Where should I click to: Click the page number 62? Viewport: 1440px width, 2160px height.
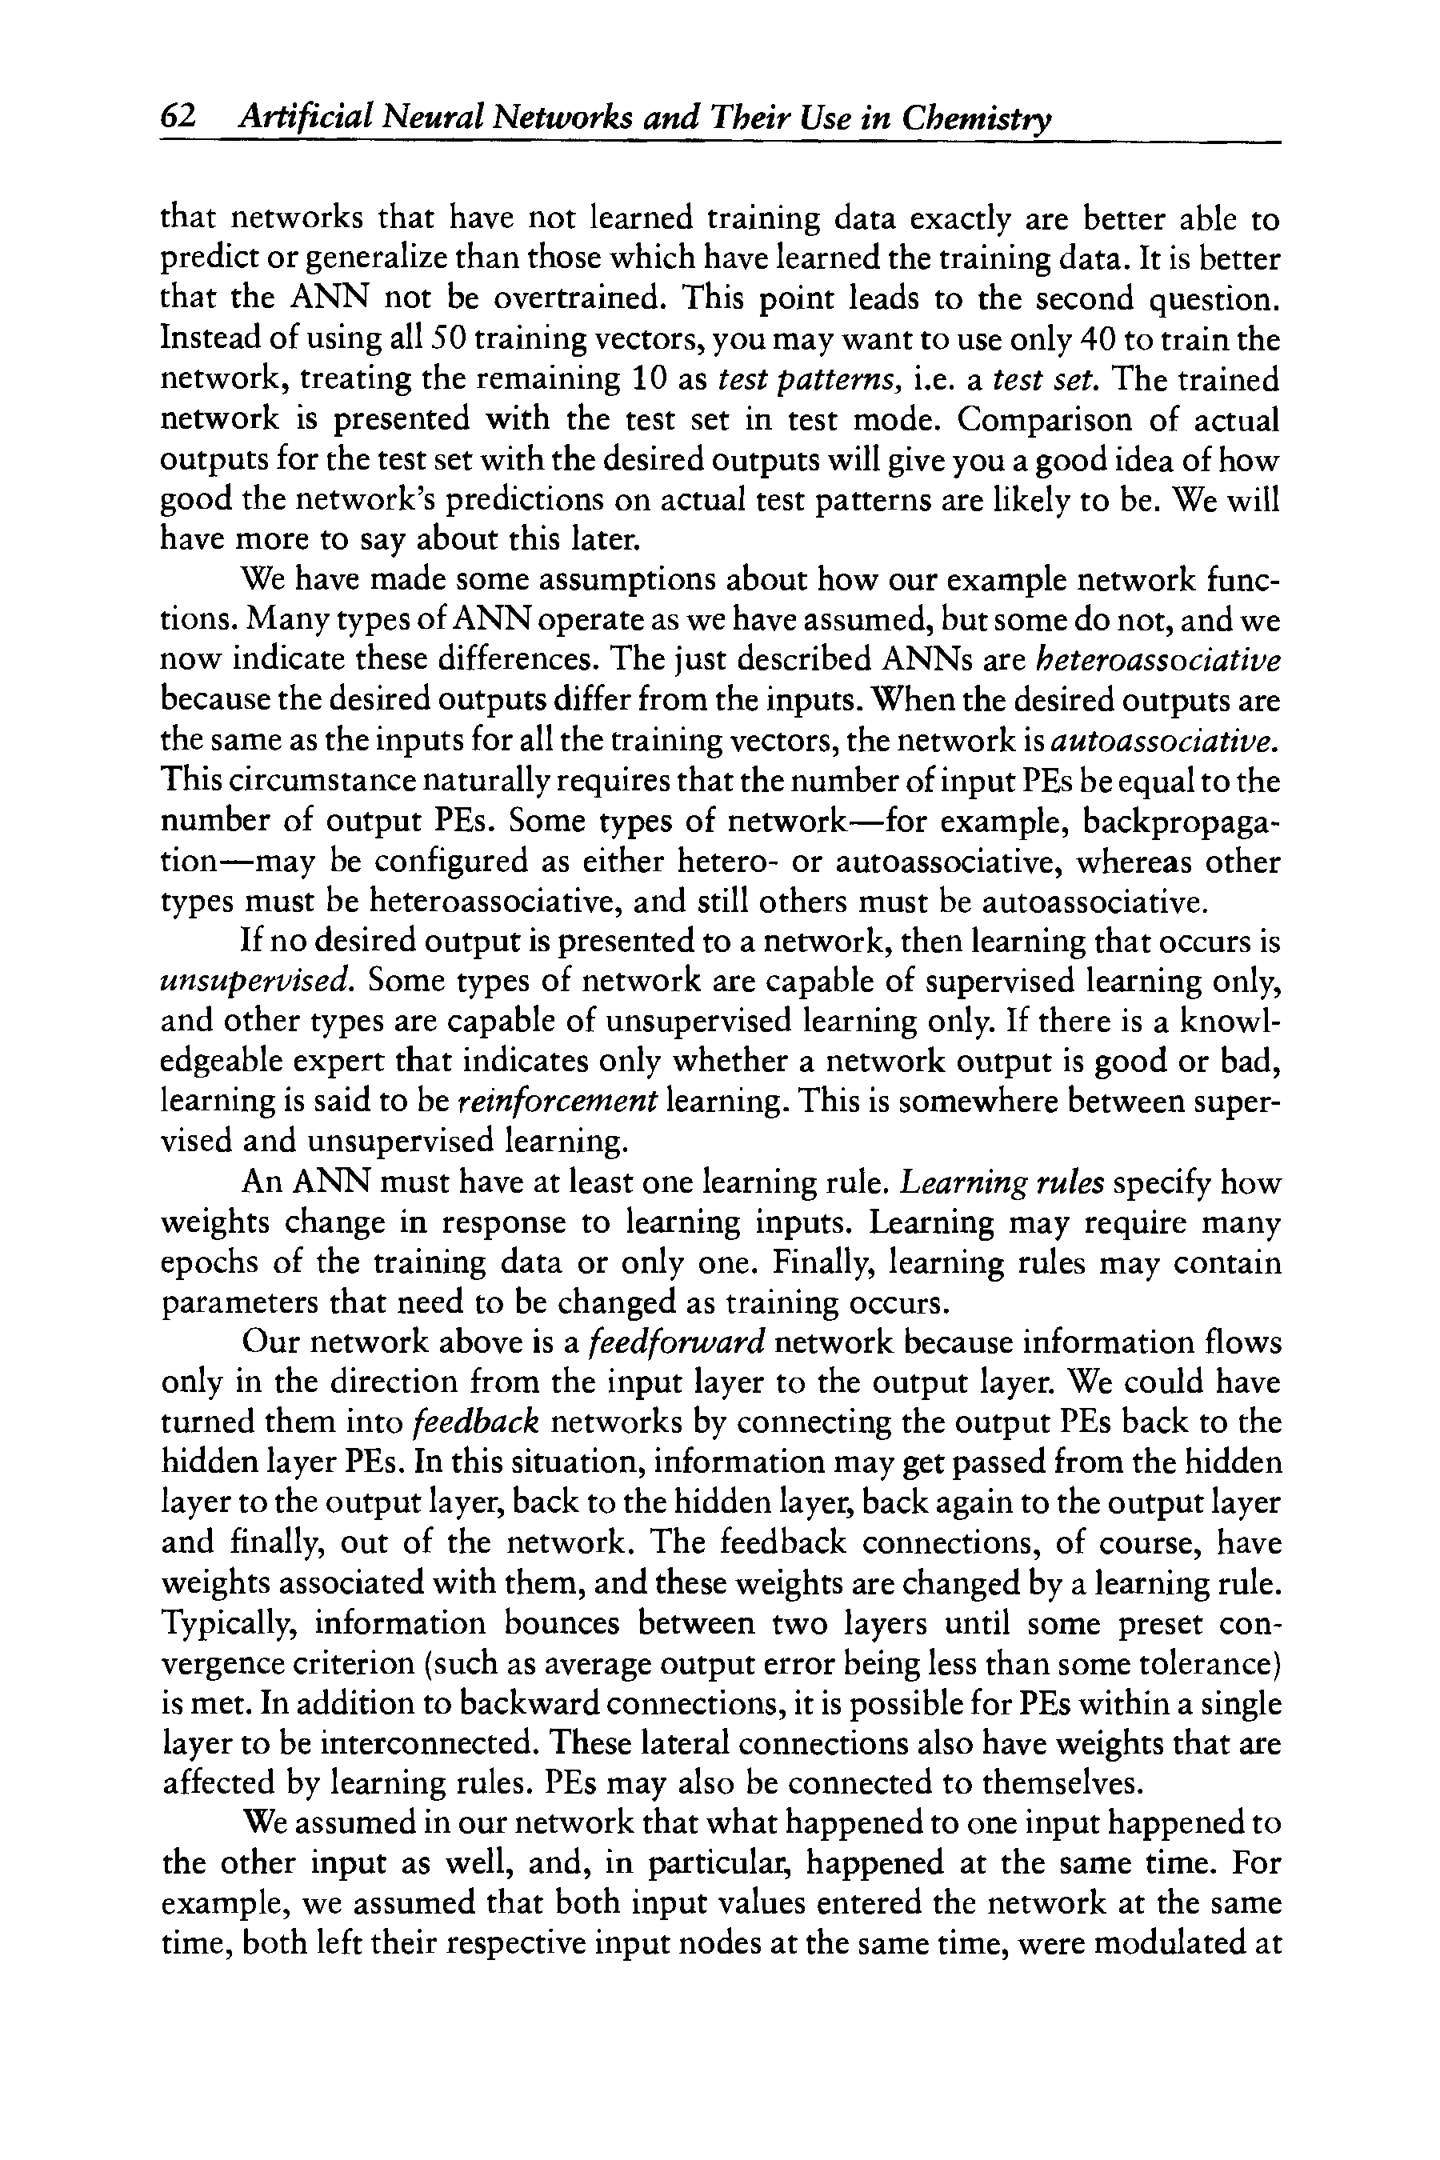pos(178,118)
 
